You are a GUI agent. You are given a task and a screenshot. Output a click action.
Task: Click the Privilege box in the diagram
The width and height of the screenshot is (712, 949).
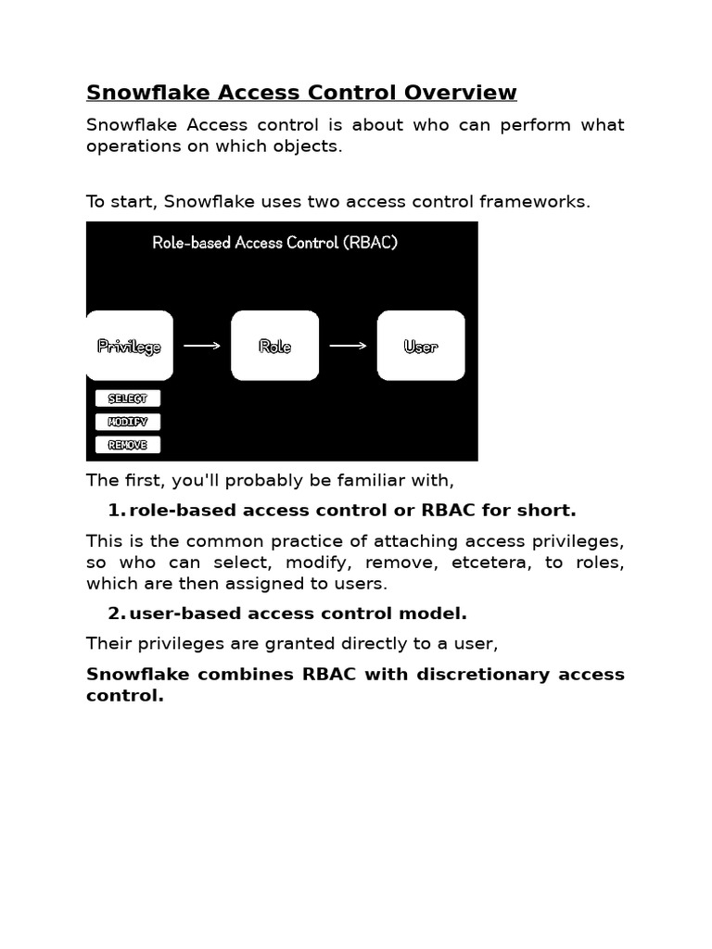(x=130, y=346)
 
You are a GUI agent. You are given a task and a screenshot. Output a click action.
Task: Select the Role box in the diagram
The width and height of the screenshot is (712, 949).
(x=274, y=346)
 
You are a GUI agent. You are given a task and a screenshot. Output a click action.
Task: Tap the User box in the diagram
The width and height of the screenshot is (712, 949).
(x=421, y=346)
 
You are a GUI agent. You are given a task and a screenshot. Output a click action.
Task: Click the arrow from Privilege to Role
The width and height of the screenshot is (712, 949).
(x=202, y=346)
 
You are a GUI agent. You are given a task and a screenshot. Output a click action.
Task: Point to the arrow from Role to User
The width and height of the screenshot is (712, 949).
(x=348, y=346)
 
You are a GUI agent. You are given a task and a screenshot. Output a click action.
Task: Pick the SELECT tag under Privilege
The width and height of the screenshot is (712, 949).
(x=128, y=399)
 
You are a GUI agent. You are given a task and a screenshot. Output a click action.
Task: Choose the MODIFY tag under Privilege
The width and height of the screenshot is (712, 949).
(x=128, y=422)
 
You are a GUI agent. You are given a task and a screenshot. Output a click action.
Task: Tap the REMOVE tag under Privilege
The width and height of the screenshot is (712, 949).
(x=128, y=445)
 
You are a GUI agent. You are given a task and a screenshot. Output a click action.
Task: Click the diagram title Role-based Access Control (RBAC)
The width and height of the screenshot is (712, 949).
(x=274, y=243)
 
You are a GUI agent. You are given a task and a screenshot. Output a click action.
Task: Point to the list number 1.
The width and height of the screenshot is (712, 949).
(x=114, y=511)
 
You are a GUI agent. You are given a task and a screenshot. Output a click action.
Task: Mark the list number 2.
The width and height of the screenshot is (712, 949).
(x=114, y=614)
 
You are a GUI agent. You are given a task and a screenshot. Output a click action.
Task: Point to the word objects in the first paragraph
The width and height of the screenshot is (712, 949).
(x=311, y=147)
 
